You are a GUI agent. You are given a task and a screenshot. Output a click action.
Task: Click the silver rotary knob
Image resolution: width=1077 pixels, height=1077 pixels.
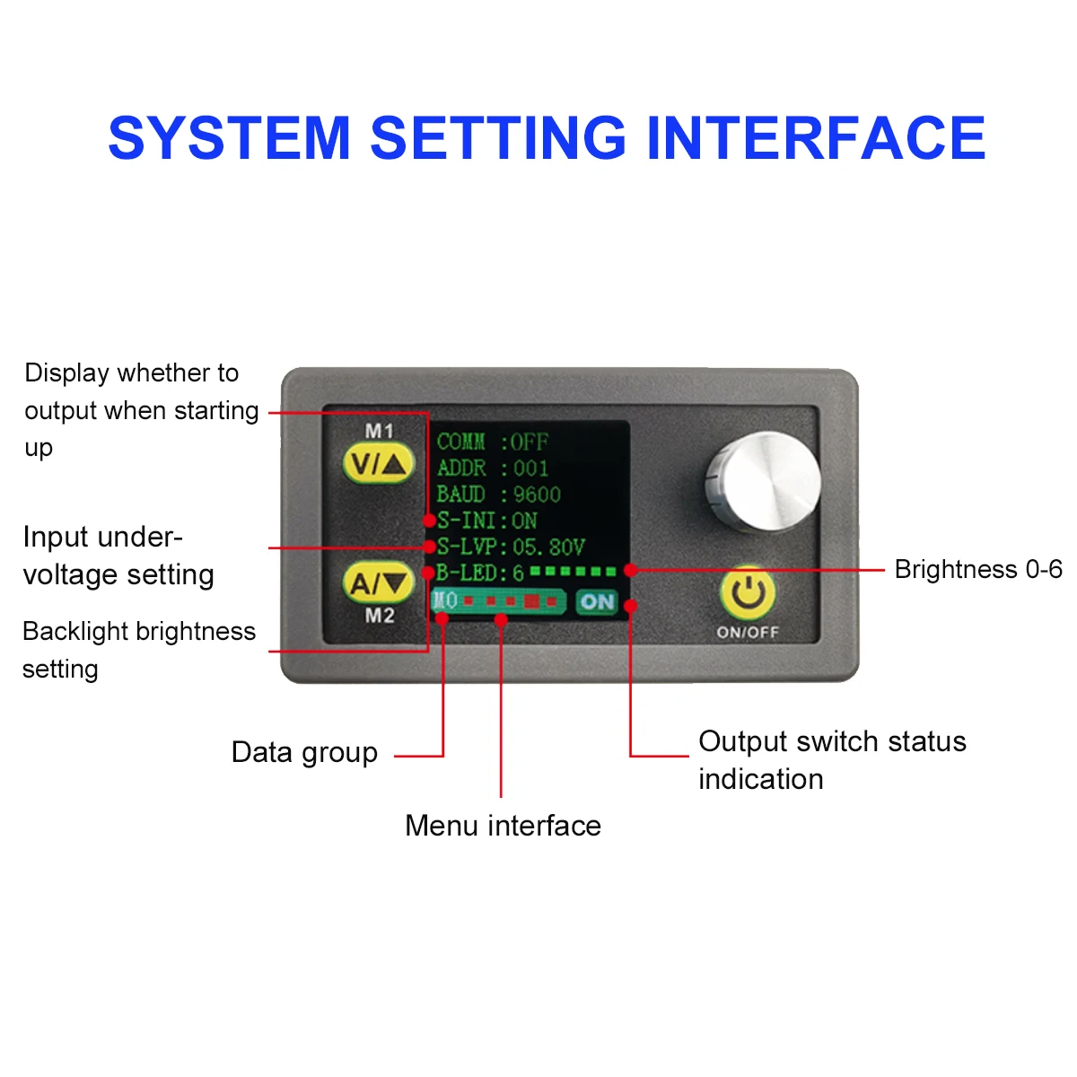(763, 480)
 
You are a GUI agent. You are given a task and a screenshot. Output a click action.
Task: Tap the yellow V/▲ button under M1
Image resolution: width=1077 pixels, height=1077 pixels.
(379, 464)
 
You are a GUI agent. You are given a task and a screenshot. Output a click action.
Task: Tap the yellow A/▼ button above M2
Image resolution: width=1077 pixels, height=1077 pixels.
(379, 583)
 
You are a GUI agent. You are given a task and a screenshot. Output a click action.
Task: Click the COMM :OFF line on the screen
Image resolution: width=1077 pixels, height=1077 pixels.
(492, 442)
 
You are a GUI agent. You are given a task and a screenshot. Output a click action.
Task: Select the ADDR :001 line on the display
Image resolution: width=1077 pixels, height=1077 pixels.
(492, 468)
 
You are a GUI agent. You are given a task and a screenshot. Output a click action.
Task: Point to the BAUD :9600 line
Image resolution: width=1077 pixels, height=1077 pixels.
(498, 495)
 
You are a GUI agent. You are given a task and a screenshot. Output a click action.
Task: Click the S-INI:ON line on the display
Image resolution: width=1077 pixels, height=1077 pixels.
(487, 521)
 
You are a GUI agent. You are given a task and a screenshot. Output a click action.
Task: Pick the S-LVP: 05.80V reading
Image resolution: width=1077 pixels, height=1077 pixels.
(511, 547)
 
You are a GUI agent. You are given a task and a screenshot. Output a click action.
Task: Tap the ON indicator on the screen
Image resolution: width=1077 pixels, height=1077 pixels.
(597, 601)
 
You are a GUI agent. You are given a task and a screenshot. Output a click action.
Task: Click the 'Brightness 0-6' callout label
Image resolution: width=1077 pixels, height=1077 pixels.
(978, 570)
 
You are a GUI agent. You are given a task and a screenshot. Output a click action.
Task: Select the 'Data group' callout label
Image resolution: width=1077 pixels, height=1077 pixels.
(304, 752)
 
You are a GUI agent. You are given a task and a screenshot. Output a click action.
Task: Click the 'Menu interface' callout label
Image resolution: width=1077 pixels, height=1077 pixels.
(503, 826)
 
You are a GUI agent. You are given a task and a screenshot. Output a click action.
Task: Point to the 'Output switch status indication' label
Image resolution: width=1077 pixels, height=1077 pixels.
(832, 759)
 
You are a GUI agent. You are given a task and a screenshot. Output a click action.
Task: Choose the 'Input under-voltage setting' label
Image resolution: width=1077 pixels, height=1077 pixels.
(118, 556)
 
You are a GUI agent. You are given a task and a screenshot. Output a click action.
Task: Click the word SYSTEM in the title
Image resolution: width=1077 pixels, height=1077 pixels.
(228, 138)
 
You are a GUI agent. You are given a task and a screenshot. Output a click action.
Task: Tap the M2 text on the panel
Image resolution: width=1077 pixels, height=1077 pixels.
(380, 616)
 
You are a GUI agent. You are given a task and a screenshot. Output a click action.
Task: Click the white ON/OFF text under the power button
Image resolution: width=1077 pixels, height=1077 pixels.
(748, 633)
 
